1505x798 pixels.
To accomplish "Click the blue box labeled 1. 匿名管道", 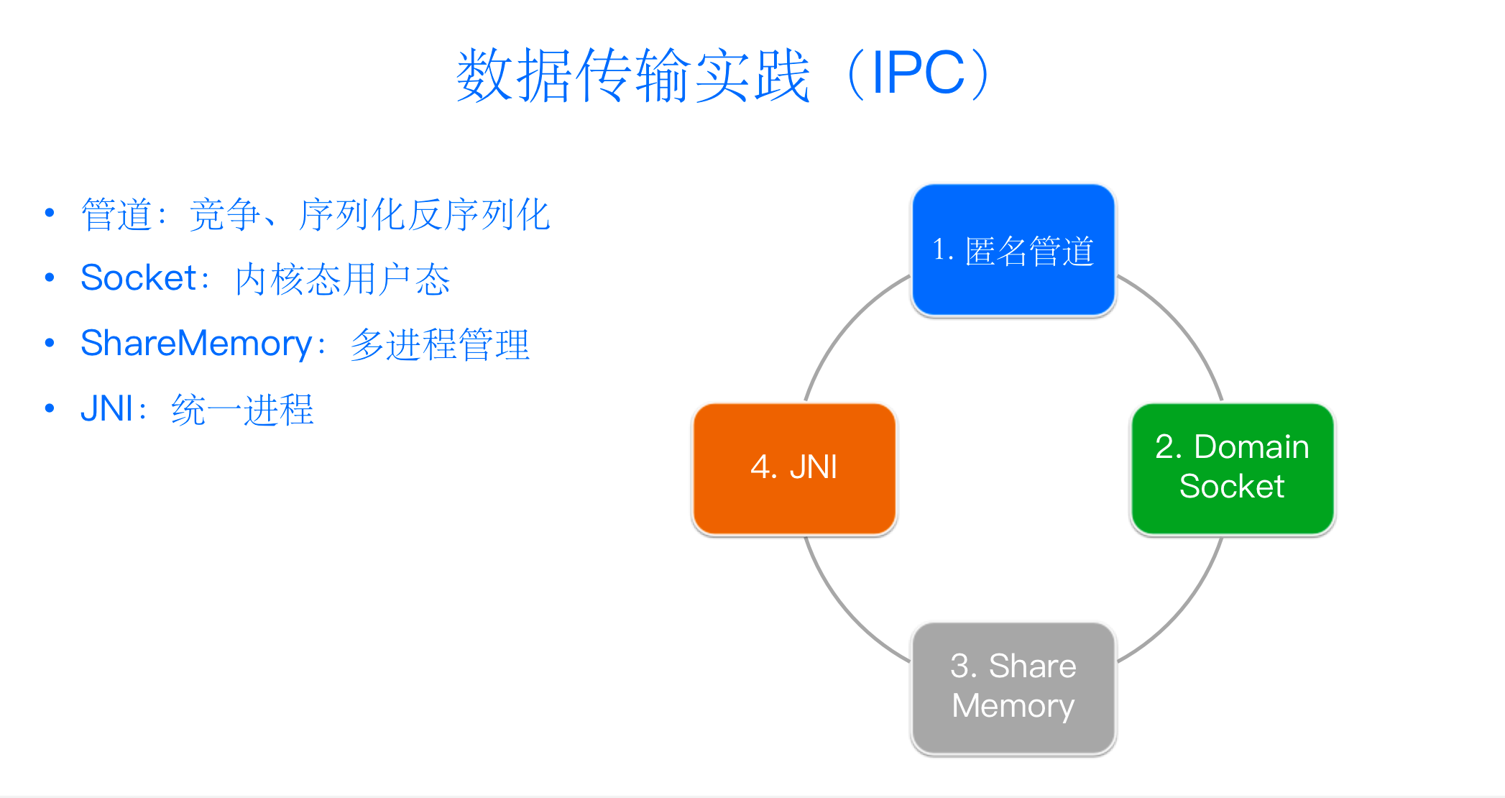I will click(1013, 250).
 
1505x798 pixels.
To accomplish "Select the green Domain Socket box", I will click(1232, 468).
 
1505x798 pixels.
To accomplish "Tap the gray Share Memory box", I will click(1013, 687).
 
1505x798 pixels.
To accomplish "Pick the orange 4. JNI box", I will click(794, 468).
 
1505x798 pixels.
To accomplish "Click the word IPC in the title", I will click(918, 73).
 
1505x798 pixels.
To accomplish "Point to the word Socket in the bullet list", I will click(139, 278).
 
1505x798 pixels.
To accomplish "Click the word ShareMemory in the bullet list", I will click(195, 344).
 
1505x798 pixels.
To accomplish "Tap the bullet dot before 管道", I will click(50, 213).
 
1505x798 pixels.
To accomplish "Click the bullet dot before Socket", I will click(50, 278).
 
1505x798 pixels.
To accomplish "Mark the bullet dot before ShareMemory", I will click(50, 343).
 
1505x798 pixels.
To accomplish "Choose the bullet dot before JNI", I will click(50, 408).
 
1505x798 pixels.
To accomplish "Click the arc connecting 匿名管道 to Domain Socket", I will click(1183, 323).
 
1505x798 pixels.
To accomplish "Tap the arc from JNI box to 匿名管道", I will click(844, 323).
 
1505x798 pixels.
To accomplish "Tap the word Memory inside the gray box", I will click(1013, 706).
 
